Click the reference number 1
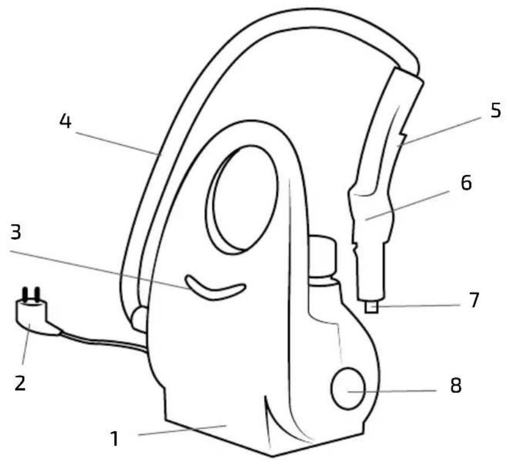tap(114, 439)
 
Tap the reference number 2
tap(20, 383)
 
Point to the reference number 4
tap(65, 122)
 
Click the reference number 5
tap(495, 111)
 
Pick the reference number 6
tap(466, 183)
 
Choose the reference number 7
tap(474, 300)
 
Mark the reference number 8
tap(456, 385)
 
